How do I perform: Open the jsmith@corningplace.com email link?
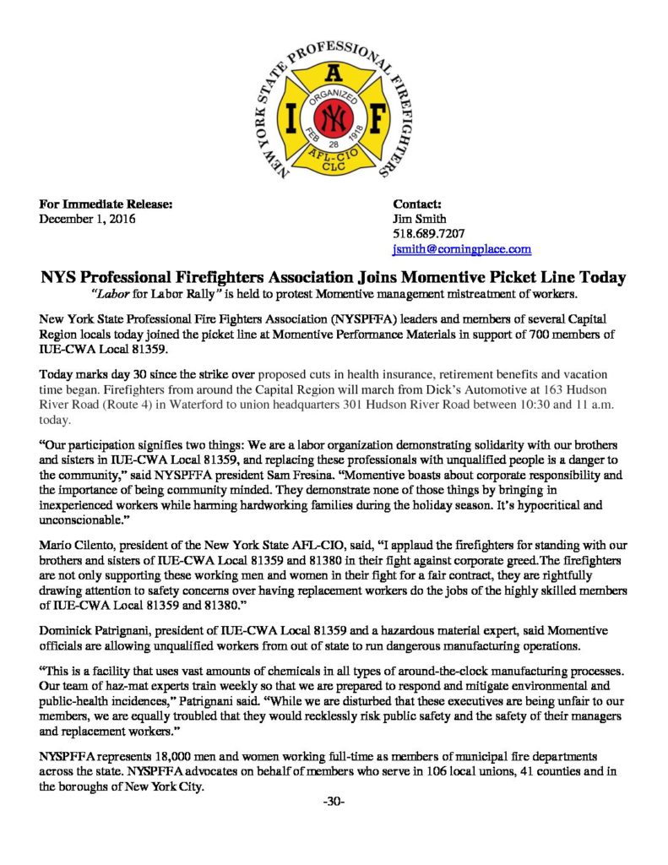click(462, 249)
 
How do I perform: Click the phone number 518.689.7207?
click(429, 234)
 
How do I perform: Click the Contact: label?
click(417, 204)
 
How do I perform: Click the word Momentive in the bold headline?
click(445, 277)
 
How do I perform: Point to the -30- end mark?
click(334, 801)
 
